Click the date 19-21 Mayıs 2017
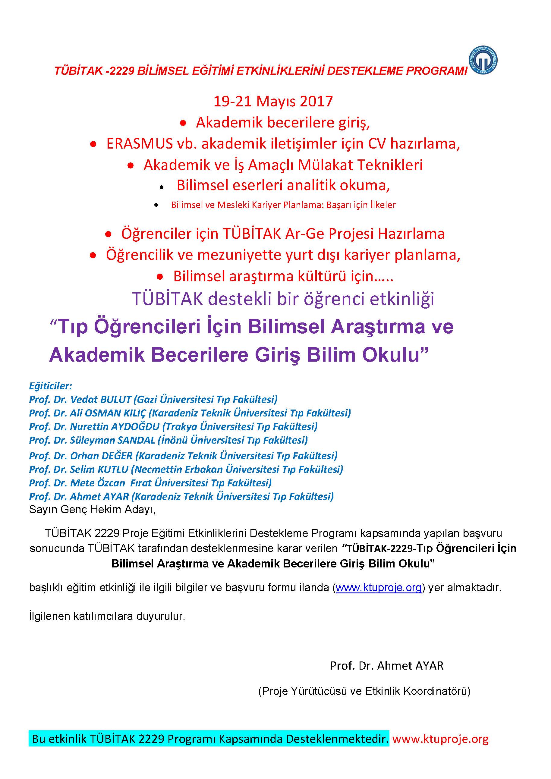[273, 102]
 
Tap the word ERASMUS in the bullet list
[140, 144]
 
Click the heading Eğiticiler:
[51, 386]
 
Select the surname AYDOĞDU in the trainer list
[135, 426]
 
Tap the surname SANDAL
[136, 440]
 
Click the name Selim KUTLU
[99, 469]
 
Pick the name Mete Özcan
[97, 483]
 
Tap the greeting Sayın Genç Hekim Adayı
[92, 510]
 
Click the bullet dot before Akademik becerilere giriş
[183, 124]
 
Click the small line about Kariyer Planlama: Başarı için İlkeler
[283, 205]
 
